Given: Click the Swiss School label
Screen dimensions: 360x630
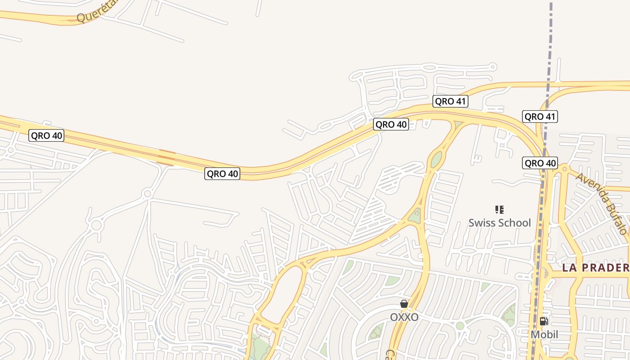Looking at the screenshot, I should [499, 223].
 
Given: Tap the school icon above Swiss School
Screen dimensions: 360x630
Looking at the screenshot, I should [499, 209].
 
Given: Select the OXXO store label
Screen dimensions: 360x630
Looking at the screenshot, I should [404, 317].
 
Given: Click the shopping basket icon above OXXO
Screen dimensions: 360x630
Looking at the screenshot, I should [404, 304].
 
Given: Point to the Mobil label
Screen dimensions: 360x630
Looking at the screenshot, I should [544, 334].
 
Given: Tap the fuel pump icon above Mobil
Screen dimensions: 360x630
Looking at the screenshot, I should [544, 321].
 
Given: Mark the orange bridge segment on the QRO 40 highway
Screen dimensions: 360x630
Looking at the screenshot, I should [166, 158].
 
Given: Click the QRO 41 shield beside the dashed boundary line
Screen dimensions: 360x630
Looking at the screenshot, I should [540, 117].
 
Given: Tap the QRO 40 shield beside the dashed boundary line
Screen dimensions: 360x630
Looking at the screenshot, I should [540, 163].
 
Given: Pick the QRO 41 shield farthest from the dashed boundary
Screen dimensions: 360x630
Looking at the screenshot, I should [450, 101].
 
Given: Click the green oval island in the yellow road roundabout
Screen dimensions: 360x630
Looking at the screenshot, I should [436, 159].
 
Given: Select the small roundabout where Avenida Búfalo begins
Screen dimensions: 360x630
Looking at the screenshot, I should [564, 169].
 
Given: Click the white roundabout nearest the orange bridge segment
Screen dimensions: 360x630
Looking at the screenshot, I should [147, 194].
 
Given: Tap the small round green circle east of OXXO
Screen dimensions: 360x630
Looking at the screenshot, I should [459, 325].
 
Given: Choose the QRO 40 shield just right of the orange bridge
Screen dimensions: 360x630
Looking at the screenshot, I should [222, 173].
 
